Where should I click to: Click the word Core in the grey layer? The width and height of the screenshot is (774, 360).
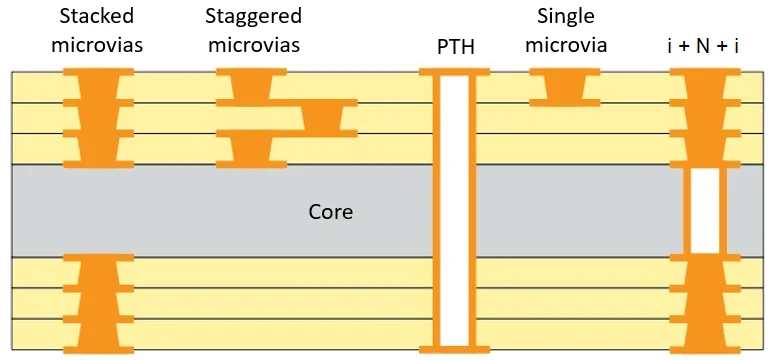coord(331,212)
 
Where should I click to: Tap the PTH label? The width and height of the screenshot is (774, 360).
coord(456,47)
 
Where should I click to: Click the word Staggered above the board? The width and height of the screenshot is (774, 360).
coord(253,17)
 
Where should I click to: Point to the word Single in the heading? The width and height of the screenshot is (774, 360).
coord(566,17)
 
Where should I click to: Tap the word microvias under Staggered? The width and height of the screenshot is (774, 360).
coord(252,45)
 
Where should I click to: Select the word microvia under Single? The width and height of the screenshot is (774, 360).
coord(566,45)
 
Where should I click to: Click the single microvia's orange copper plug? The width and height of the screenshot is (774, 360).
coord(565,87)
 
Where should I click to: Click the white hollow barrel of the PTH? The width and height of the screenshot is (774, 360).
coord(455,210)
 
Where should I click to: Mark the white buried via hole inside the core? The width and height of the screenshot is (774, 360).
coord(705,210)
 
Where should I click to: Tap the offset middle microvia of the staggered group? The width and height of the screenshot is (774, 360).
coord(326,117)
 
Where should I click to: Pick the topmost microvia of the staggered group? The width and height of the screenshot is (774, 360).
coord(250,86)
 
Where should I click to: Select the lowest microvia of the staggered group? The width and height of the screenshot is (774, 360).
coord(250,148)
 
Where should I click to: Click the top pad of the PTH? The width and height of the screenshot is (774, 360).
coord(455,72)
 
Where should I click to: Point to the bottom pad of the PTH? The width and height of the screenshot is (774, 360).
coord(455,349)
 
